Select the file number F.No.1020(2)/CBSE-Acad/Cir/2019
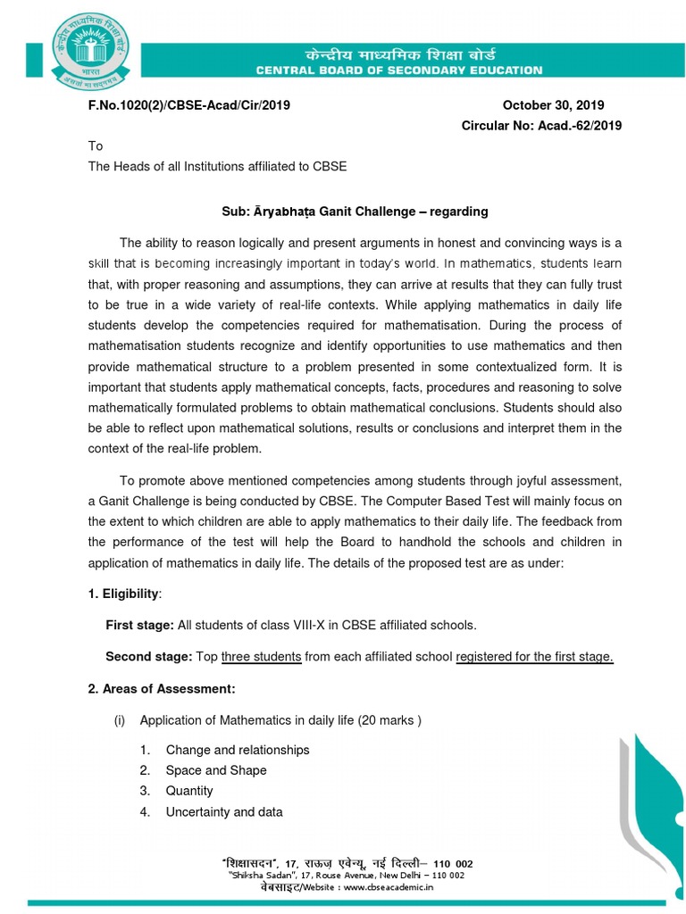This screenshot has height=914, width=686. (x=188, y=104)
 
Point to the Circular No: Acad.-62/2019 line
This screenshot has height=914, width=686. (x=541, y=126)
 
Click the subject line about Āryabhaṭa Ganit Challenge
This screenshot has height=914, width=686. (x=356, y=212)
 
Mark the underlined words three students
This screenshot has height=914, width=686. (x=261, y=657)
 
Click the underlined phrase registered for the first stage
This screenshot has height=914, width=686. (x=534, y=657)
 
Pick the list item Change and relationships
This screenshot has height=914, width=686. (x=238, y=750)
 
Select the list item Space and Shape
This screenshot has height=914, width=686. (x=216, y=770)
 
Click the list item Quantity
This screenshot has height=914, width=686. (x=189, y=791)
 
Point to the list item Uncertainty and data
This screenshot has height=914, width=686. (x=224, y=811)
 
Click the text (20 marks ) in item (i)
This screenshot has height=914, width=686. (x=389, y=719)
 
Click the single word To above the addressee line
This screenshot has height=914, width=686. (x=96, y=145)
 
